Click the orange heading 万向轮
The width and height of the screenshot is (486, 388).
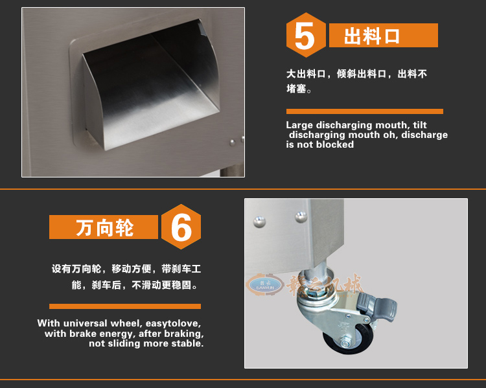pyautogui.click(x=104, y=227)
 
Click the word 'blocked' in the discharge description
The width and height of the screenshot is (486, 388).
pyautogui.click(x=336, y=144)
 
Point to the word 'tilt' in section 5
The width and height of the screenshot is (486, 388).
pyautogui.click(x=419, y=125)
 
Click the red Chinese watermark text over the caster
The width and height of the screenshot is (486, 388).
pyautogui.click(x=324, y=285)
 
